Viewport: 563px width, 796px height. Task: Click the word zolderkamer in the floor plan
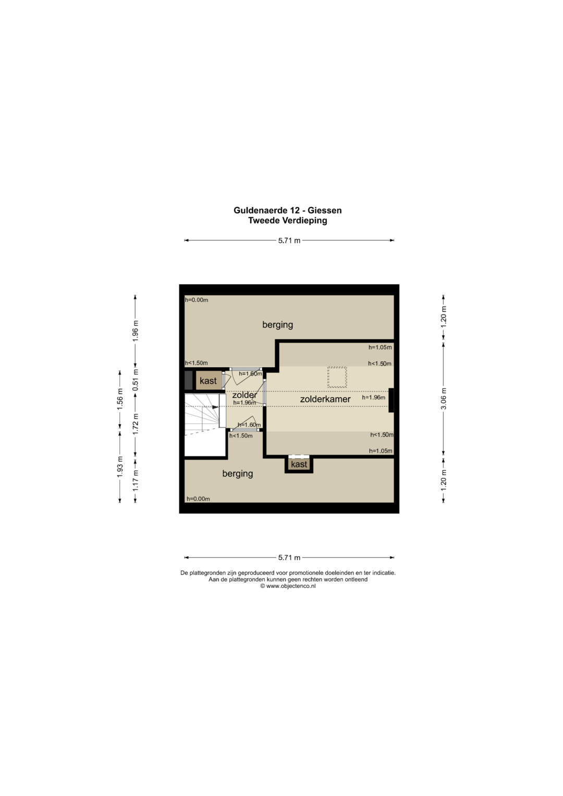pyautogui.click(x=325, y=399)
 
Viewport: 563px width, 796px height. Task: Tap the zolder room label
pyautogui.click(x=244, y=395)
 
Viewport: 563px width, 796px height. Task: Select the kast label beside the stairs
pyautogui.click(x=208, y=381)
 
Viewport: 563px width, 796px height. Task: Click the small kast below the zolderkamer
pyautogui.click(x=299, y=464)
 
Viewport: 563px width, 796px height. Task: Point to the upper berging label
pyautogui.click(x=277, y=325)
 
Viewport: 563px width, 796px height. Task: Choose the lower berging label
pyautogui.click(x=237, y=474)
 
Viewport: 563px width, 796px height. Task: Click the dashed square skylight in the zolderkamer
pyautogui.click(x=337, y=377)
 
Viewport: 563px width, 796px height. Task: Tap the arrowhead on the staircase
pyautogui.click(x=215, y=407)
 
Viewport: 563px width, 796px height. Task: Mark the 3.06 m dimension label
pyautogui.click(x=444, y=399)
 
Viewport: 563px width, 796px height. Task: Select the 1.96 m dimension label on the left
pyautogui.click(x=136, y=331)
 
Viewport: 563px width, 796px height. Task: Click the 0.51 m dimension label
pyautogui.click(x=136, y=380)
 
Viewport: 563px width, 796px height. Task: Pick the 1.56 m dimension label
pyautogui.click(x=120, y=399)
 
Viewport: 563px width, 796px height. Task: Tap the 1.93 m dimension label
pyautogui.click(x=120, y=467)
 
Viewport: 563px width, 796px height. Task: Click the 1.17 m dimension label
pyautogui.click(x=136, y=481)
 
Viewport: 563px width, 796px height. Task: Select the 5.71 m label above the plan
pyautogui.click(x=289, y=241)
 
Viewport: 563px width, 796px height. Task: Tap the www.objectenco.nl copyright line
pyautogui.click(x=288, y=586)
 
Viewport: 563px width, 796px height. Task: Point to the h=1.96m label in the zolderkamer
pyautogui.click(x=373, y=398)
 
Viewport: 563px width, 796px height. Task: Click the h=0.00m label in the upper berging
pyautogui.click(x=197, y=300)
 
